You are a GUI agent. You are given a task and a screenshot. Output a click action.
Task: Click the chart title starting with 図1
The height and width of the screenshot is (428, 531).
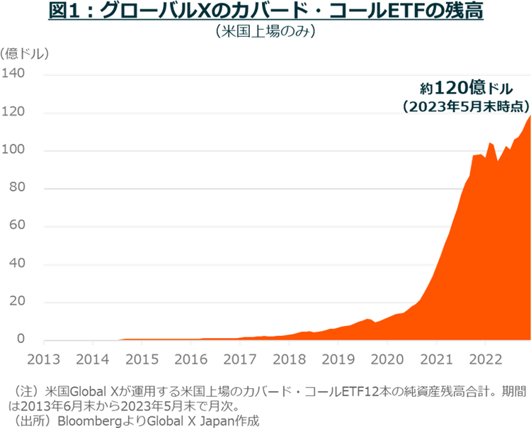click(265, 12)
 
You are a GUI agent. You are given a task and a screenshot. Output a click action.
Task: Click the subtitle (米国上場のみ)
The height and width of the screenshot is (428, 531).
click(265, 33)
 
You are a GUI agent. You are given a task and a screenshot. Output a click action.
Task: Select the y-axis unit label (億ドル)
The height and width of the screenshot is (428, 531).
click(25, 53)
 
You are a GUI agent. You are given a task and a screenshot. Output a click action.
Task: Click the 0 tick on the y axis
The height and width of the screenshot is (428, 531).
click(21, 341)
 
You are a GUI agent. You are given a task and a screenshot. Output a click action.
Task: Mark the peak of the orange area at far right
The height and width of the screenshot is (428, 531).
click(529, 116)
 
